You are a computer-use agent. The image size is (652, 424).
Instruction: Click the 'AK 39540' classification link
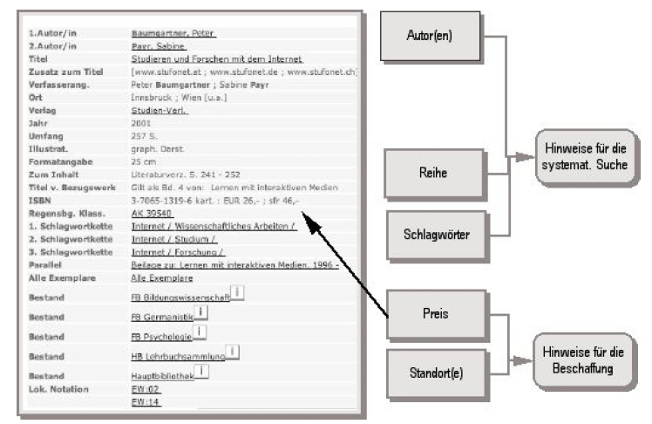click(152, 212)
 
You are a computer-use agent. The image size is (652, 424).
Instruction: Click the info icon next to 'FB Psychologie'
click(200, 330)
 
